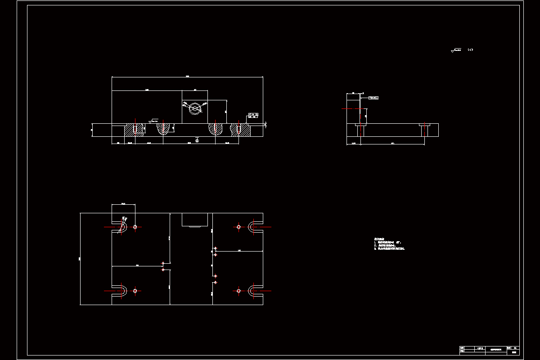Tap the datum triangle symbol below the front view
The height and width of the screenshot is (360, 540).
click(x=197, y=139)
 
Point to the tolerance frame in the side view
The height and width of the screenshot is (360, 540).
click(x=373, y=97)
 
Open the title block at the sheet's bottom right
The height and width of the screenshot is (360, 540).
click(x=489, y=349)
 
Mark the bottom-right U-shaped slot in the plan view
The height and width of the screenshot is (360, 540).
click(x=255, y=291)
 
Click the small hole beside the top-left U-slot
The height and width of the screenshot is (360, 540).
click(x=135, y=227)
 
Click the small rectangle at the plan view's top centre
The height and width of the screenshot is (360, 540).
click(x=195, y=220)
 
